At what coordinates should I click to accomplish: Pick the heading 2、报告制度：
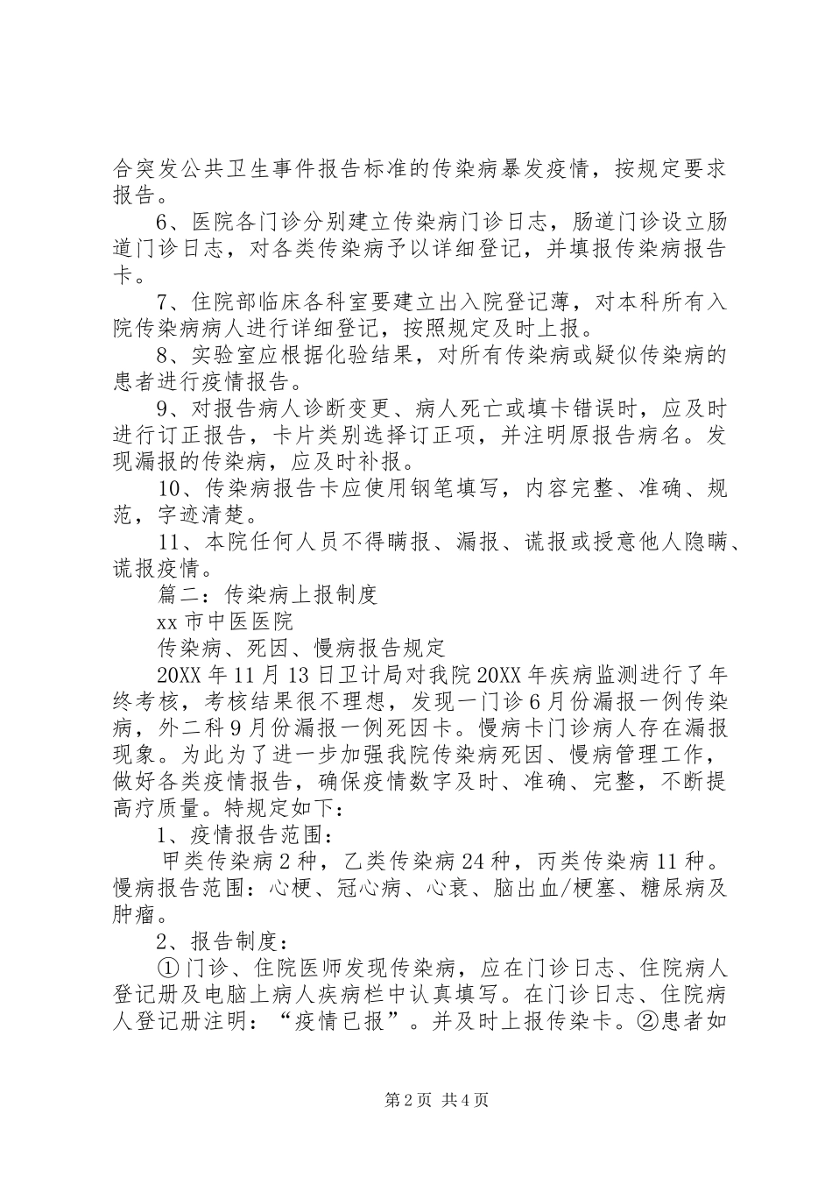(x=222, y=941)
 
